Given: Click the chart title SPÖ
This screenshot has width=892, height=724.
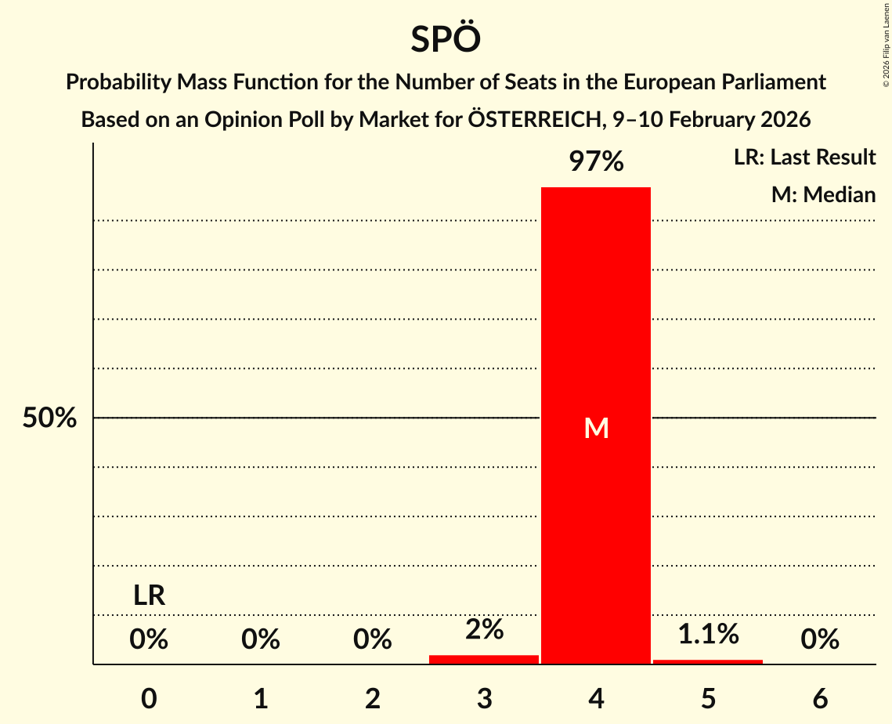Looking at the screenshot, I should pos(446,39).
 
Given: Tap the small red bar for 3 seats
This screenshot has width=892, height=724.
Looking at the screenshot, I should pos(484,659).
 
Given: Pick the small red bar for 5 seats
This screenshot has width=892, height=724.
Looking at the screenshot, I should pos(708,661).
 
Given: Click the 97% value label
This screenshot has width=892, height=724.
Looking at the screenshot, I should pos(596,162).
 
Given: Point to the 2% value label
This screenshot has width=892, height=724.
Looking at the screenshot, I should pos(484,629).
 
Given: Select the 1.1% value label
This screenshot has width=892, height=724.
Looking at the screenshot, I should pos(708,634).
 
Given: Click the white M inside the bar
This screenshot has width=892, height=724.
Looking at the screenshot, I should pos(596,428).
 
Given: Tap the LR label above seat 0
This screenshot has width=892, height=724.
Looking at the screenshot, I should pos(149,596).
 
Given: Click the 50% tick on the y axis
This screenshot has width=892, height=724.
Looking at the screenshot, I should pos(49,418).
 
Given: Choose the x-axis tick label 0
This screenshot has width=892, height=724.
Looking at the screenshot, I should pos(149,699).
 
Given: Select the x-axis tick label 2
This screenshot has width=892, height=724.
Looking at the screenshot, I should pos(373,699).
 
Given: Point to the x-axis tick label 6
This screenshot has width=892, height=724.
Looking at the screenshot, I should pos(820,699).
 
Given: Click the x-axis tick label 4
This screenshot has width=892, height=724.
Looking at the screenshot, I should pos(596,699).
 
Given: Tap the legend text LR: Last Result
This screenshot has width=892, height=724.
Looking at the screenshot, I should pos(804,157).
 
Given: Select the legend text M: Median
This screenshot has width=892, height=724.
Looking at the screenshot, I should pos(823,194).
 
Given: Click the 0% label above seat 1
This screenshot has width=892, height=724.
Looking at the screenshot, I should pos(261,640).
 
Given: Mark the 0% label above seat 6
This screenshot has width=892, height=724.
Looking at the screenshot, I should pos(820,640).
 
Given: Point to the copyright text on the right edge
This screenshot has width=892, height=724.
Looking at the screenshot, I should pos(886,47).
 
